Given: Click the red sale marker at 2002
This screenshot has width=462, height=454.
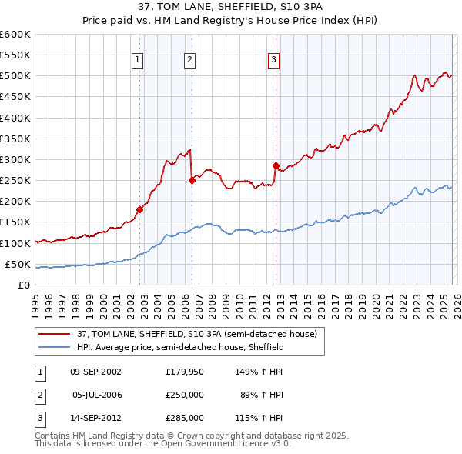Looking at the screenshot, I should [139, 209].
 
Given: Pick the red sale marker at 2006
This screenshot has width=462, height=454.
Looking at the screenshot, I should [192, 180].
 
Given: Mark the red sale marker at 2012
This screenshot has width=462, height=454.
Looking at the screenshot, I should [276, 165].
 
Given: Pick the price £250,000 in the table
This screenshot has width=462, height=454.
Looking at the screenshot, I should [185, 394].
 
